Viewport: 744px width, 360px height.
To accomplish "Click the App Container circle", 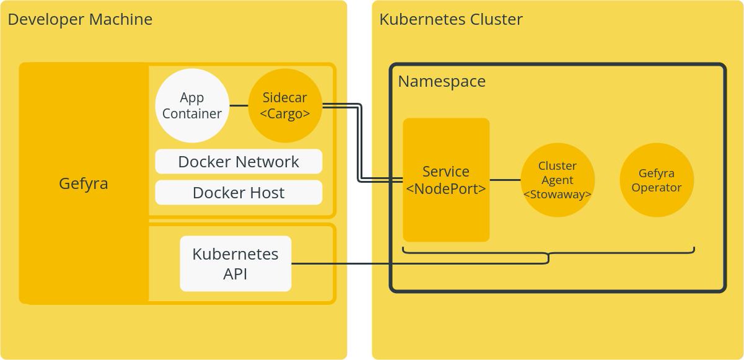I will [192, 105].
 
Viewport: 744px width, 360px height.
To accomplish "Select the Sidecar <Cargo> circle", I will [285, 105].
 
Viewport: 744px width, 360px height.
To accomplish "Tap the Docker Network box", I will [239, 162].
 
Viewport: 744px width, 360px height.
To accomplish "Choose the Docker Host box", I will [239, 193].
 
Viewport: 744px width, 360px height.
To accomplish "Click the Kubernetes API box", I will [236, 263].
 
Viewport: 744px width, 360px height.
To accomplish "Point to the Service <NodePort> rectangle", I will [446, 180].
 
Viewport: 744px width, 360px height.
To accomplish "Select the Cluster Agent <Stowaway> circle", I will [557, 180].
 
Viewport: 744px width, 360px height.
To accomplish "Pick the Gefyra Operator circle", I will [657, 180].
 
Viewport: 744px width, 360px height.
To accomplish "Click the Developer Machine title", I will [80, 19].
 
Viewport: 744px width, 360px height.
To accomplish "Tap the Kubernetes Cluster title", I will [451, 19].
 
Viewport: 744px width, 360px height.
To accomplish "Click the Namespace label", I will [441, 81].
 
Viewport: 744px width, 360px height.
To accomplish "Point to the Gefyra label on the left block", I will [84, 183].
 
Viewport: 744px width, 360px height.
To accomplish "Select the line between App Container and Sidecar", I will [239, 105].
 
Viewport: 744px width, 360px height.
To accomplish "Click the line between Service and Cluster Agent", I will [505, 180].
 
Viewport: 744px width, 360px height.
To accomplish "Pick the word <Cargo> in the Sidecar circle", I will [285, 114].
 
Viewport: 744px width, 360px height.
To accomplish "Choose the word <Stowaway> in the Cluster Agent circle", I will [557, 195].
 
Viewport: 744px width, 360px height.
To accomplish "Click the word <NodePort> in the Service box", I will [446, 189].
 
